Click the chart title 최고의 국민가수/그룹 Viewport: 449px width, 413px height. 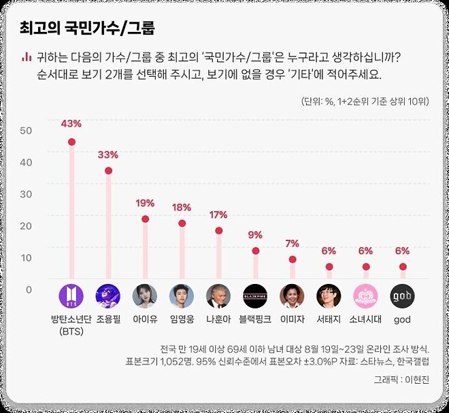87,29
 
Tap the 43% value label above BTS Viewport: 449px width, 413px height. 71,124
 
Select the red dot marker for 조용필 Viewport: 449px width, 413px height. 108,170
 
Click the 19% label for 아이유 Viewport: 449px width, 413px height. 145,203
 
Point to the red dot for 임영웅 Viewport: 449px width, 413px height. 182,223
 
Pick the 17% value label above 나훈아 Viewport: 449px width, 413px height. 218,215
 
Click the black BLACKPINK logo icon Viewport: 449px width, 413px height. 255,296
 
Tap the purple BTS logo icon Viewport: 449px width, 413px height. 71,296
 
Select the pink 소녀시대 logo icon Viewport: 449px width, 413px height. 365,296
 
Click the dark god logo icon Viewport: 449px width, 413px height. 402,296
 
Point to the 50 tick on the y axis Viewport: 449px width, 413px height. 26,130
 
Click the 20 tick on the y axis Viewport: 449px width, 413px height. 26,226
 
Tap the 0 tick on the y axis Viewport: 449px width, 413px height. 29,290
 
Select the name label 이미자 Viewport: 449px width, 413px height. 292,319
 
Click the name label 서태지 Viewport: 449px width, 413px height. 329,319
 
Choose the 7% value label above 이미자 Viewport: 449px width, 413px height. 292,243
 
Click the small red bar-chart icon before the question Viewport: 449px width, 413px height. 27,57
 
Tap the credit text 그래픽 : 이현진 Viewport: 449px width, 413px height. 401,379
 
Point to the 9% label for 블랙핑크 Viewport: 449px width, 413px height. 255,235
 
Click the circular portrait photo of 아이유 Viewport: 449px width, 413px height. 145,296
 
